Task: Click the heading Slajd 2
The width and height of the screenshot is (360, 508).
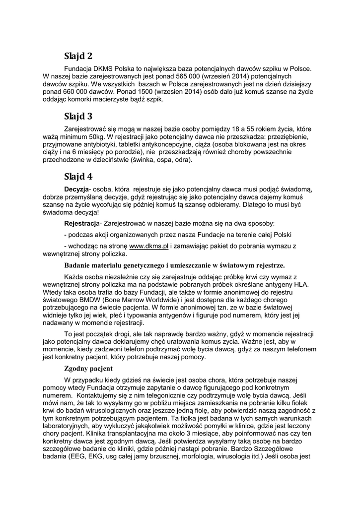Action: pos(78,56)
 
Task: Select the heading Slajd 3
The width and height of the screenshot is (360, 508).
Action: pos(78,117)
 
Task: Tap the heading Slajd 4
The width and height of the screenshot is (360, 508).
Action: pos(78,176)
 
